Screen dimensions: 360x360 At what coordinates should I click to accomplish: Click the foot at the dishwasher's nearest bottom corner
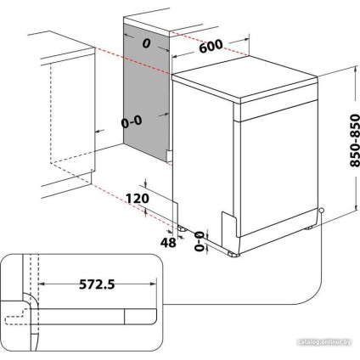coord(235,251)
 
